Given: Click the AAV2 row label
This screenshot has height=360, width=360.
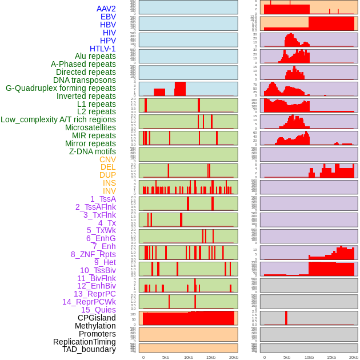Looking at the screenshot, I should click(x=106, y=9).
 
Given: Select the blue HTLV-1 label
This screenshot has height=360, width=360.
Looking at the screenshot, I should click(x=102, y=49).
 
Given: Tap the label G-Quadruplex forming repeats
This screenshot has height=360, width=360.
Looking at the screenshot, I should click(x=61, y=88).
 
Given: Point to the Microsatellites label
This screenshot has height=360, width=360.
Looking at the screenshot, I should click(x=90, y=127).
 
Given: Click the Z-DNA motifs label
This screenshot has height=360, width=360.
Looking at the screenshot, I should click(x=92, y=151).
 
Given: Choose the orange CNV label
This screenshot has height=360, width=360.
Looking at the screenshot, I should click(x=107, y=159).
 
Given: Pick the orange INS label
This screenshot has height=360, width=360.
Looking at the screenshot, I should click(x=109, y=183).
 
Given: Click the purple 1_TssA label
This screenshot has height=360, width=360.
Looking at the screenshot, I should click(x=103, y=199).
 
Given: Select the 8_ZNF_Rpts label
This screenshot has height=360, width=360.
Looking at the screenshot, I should click(x=93, y=254).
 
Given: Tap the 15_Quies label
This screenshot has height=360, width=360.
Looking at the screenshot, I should click(x=98, y=310).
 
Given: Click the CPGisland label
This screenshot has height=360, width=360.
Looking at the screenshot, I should click(x=97, y=318).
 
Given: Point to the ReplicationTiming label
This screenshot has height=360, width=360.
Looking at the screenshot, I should click(x=84, y=342).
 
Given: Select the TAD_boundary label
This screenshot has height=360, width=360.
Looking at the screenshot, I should click(x=89, y=349).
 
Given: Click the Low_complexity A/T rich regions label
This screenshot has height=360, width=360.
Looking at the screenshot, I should click(x=58, y=119).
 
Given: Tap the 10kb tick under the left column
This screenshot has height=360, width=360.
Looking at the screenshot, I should click(x=189, y=357).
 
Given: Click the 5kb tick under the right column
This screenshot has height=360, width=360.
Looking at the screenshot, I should click(x=287, y=357).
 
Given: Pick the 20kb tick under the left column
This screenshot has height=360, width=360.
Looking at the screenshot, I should click(x=233, y=357).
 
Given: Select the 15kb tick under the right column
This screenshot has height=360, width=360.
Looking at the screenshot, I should click(x=331, y=357).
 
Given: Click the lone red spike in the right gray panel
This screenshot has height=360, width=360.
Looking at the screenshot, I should click(x=286, y=318).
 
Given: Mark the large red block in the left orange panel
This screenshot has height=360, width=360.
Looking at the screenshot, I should click(x=189, y=318).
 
